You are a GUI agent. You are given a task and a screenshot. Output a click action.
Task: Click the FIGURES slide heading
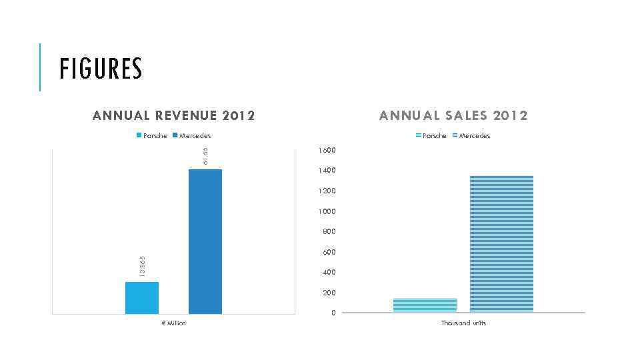(101, 69)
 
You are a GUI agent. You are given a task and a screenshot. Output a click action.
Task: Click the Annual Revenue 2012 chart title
(174, 115)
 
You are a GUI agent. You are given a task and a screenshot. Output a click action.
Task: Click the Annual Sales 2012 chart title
(453, 115)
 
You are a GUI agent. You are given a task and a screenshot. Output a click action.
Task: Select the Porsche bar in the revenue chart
(142, 297)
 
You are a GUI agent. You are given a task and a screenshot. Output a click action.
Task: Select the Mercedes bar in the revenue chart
(205, 241)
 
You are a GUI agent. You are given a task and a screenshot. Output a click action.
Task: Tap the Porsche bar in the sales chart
(425, 305)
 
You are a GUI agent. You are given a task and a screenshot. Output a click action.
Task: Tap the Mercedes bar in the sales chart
(501, 243)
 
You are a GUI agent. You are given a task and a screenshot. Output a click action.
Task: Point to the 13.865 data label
(142, 267)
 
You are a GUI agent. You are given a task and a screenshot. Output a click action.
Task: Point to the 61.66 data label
(205, 155)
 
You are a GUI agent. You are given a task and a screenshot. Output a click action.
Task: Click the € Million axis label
(173, 323)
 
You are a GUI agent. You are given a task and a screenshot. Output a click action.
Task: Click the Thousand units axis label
(463, 323)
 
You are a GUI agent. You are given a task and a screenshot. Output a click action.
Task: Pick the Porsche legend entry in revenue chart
(152, 135)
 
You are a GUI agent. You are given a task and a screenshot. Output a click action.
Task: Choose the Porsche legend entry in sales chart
(431, 135)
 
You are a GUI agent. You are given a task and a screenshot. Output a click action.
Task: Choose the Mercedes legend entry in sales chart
(471, 135)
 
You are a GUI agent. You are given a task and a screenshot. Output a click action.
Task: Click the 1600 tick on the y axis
(327, 150)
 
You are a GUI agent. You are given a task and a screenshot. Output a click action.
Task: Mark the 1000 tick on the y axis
(327, 211)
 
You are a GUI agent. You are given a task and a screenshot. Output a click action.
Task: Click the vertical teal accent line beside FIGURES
(40, 67)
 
